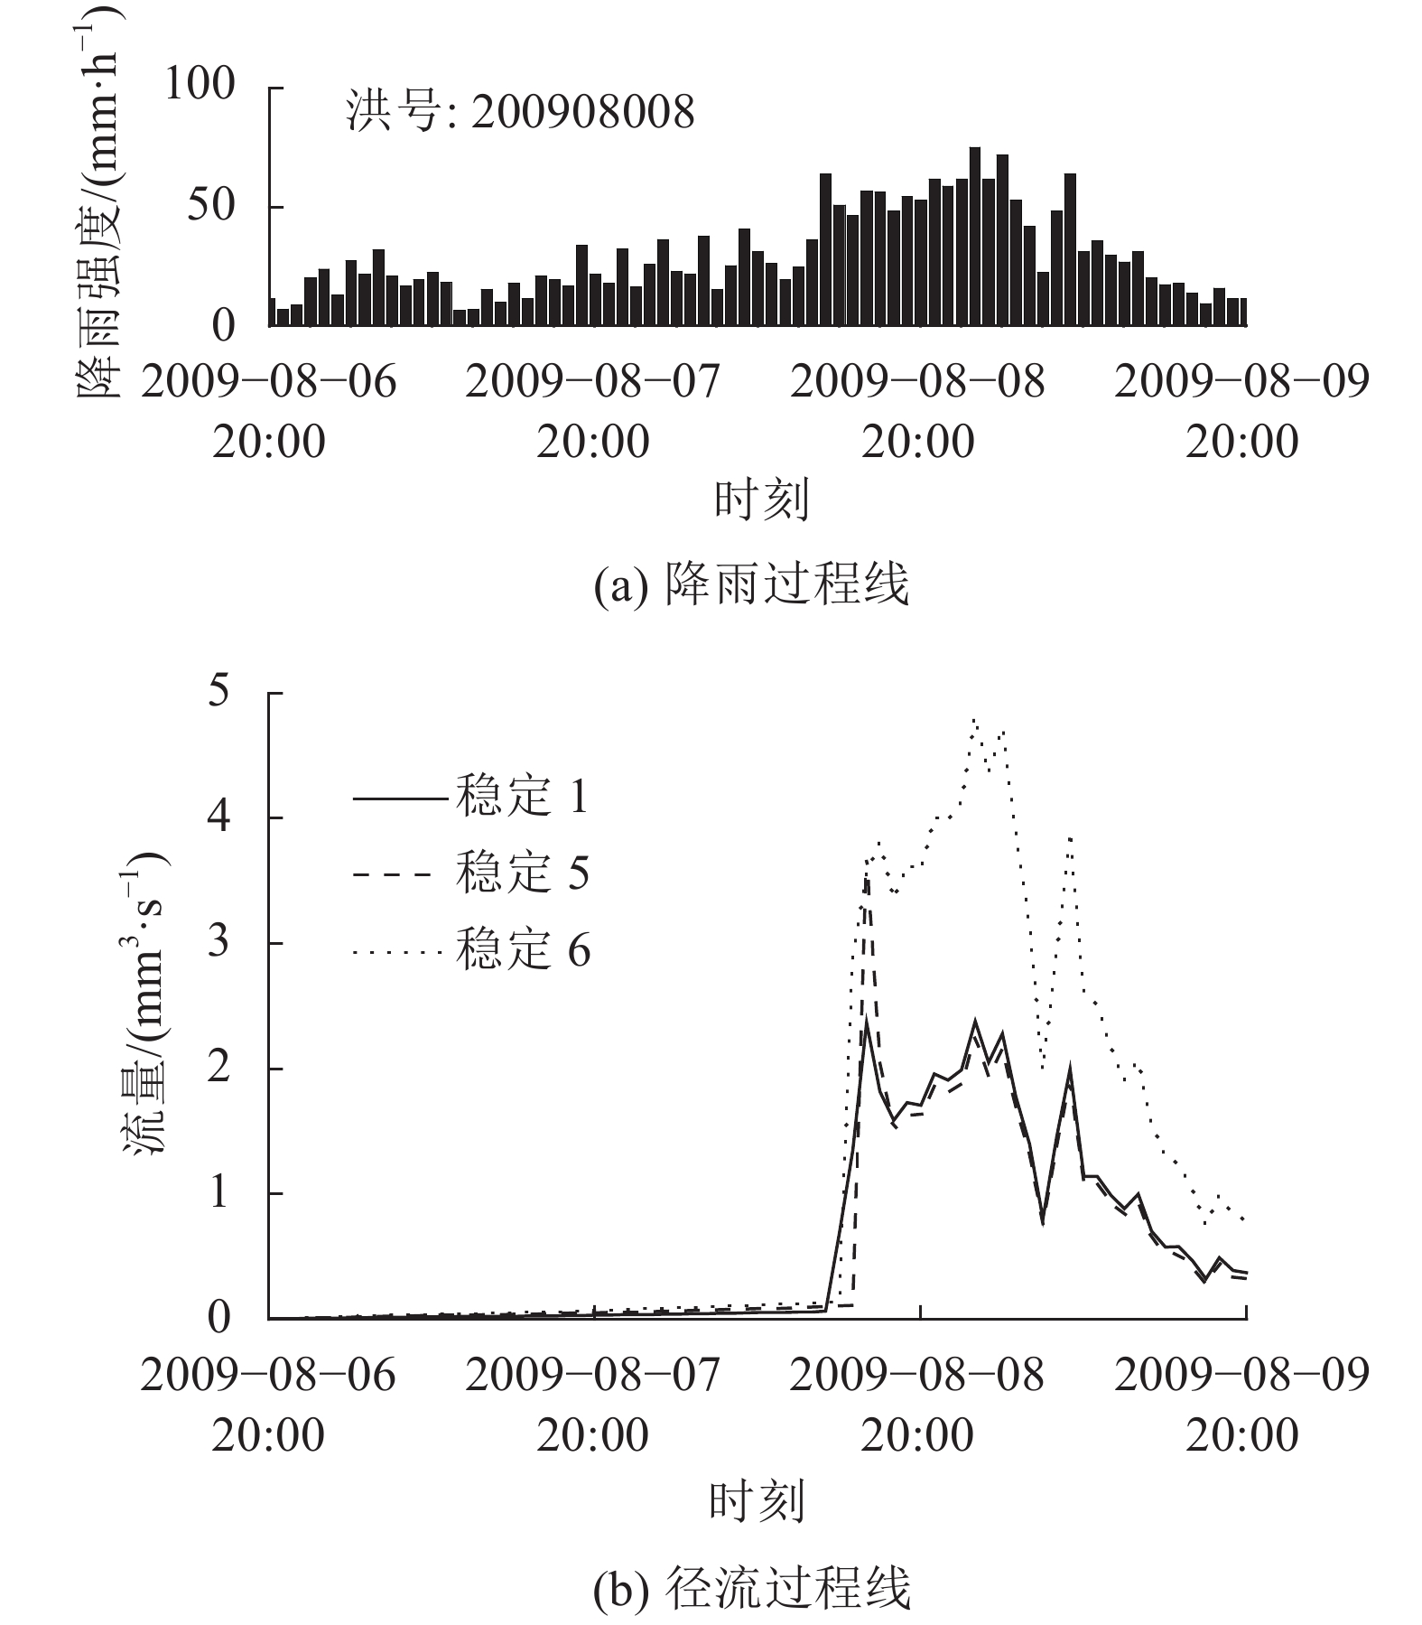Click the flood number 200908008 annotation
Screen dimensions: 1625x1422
tap(521, 114)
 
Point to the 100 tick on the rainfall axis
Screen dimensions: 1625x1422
tap(199, 86)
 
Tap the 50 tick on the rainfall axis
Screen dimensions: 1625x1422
tap(209, 206)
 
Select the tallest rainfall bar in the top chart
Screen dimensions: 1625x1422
tap(974, 235)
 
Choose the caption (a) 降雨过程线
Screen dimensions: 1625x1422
tap(751, 584)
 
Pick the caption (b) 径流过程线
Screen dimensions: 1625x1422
tap(751, 1587)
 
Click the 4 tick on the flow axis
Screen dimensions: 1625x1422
tap(219, 817)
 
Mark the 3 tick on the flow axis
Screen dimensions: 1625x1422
tap(219, 942)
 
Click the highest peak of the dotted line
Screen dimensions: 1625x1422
tap(974, 719)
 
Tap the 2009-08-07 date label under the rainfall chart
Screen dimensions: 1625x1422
tap(593, 381)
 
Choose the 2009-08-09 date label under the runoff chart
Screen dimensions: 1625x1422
tap(1241, 1375)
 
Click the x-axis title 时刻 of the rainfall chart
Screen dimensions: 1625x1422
tap(760, 500)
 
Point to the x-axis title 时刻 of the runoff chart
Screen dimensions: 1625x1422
tap(756, 1502)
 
